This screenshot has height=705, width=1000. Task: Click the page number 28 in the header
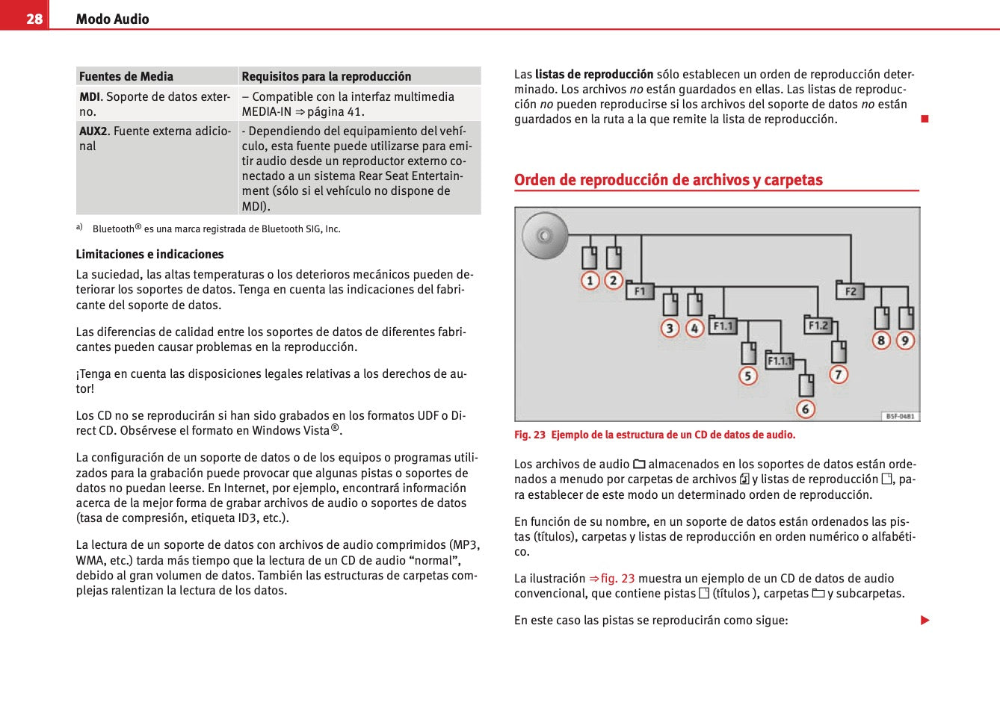coord(34,19)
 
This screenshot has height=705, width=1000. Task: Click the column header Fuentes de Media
coord(126,76)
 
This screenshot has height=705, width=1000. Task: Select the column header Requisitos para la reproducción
coord(326,76)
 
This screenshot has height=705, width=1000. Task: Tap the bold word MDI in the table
coord(90,97)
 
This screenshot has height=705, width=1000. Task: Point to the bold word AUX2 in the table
coord(93,131)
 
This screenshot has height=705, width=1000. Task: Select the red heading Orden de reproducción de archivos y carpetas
coord(668,180)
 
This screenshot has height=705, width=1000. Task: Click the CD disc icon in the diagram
coord(545,236)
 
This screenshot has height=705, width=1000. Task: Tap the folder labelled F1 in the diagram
coord(640,291)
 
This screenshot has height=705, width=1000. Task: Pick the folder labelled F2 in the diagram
coord(850,291)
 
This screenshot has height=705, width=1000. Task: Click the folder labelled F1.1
coord(723,326)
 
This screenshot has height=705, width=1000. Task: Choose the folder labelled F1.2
coord(818,325)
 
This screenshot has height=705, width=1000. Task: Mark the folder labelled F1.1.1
coord(780,361)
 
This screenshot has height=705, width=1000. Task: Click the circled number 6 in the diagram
coord(805,409)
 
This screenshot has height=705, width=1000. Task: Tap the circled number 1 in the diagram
coord(590,281)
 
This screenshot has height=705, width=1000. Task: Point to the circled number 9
coord(905,341)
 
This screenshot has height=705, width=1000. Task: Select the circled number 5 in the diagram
coord(748,376)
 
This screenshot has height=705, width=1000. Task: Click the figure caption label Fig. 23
coord(530,435)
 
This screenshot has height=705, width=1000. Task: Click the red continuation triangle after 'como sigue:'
coord(925,621)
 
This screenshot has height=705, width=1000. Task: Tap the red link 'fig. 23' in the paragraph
coord(617,579)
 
